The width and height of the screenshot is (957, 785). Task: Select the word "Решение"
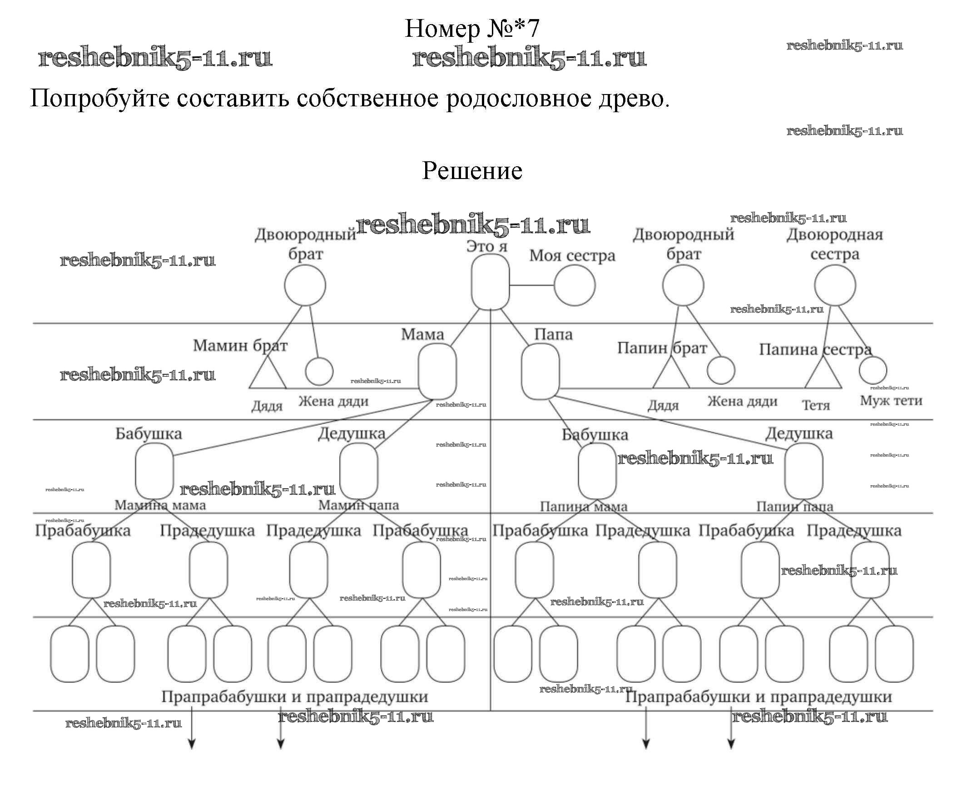pyautogui.click(x=472, y=171)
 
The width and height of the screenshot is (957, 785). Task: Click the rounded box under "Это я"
pyautogui.click(x=490, y=282)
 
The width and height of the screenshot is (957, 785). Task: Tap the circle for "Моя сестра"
pyautogui.click(x=574, y=285)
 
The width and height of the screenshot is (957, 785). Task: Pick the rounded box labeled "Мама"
pyautogui.click(x=437, y=371)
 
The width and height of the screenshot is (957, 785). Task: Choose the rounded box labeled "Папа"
pyautogui.click(x=540, y=371)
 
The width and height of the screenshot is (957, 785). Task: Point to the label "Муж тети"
pyautogui.click(x=891, y=401)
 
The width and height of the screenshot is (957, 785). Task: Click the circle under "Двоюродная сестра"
pyautogui.click(x=834, y=285)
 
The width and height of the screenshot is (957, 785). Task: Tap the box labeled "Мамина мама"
pyautogui.click(x=154, y=471)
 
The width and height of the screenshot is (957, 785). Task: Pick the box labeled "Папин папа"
pyautogui.click(x=803, y=471)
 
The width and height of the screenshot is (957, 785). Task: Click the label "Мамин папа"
pyautogui.click(x=358, y=505)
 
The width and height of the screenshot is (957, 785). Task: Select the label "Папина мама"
pyautogui.click(x=583, y=506)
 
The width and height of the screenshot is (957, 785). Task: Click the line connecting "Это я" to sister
pyautogui.click(x=531, y=285)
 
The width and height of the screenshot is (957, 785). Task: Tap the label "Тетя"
pyautogui.click(x=816, y=405)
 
